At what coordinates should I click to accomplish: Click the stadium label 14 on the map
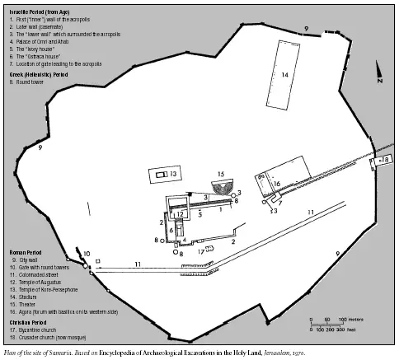284,76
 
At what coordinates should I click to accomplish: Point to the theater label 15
220,175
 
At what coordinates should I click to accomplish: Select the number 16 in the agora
277,184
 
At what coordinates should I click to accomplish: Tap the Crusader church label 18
385,158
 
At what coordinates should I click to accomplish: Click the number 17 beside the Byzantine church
200,250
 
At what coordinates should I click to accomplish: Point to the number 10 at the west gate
87,254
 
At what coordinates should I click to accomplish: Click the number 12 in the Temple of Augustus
180,214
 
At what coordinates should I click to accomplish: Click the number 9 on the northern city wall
306,29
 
